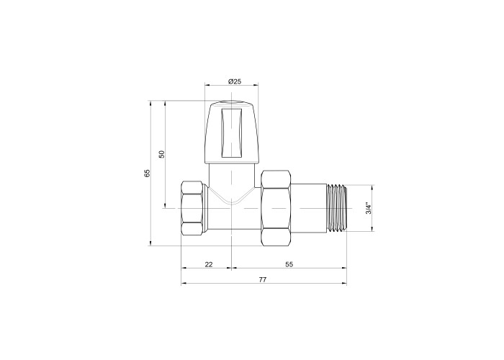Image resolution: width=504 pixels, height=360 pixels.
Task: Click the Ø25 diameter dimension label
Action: [235, 81]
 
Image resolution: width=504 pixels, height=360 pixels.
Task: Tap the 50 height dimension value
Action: [162, 154]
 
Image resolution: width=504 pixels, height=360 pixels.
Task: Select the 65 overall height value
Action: [147, 174]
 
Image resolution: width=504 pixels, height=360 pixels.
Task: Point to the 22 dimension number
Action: [209, 264]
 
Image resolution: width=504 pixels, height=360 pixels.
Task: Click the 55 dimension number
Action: [289, 264]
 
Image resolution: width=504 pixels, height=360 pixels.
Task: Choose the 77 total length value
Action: [263, 279]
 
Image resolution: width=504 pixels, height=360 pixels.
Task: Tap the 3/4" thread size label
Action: [369, 208]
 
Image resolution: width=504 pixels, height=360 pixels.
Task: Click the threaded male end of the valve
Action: [336, 208]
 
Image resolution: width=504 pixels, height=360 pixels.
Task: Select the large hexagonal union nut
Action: [276, 208]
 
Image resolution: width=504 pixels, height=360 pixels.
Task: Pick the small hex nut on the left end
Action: [193, 208]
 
